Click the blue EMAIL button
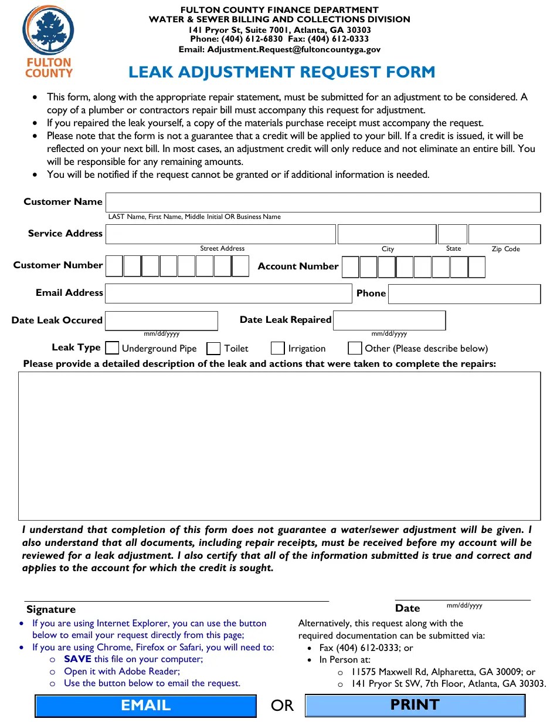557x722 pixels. point(145,706)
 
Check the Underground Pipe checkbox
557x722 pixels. point(112,348)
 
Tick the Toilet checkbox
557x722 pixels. point(214,348)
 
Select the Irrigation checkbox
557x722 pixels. point(278,348)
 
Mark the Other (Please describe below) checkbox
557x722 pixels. point(355,348)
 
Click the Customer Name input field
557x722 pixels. point(322,202)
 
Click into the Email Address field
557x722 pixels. point(228,293)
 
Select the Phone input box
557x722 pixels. point(464,293)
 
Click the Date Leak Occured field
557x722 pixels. point(161,320)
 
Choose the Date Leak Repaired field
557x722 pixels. point(389,320)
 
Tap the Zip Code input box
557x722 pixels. point(504,234)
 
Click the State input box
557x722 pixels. point(453,234)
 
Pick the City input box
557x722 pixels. point(387,234)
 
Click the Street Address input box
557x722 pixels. point(220,234)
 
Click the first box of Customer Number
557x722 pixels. point(114,266)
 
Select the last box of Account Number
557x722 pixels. point(477,267)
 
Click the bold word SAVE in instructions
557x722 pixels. point(77,659)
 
